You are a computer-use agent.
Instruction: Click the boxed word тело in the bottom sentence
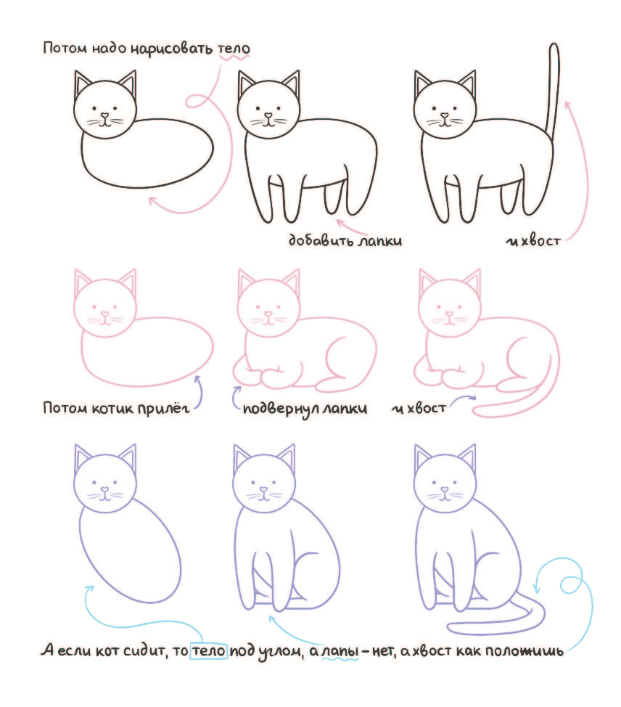(x=209, y=650)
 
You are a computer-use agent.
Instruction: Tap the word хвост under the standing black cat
(x=540, y=241)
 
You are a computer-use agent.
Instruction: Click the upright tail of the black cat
(x=553, y=88)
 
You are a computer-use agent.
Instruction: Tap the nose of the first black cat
(x=105, y=115)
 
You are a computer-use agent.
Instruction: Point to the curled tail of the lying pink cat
(x=518, y=397)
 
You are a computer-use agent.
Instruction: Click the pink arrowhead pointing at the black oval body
(x=153, y=202)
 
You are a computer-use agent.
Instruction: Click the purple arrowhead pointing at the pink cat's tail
(x=472, y=398)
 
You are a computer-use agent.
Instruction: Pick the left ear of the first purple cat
(x=83, y=457)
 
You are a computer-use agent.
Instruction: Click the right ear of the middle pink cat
(x=291, y=281)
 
